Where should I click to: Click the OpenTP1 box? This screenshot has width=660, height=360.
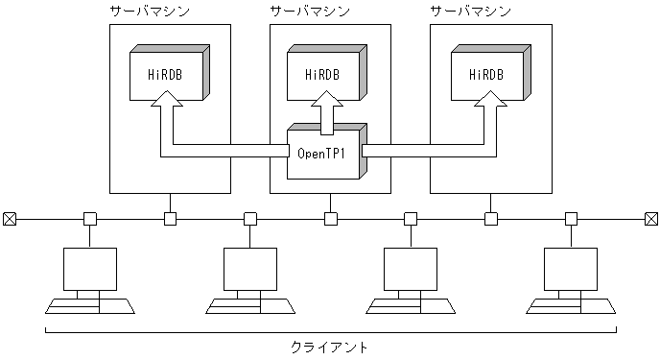tap(323, 152)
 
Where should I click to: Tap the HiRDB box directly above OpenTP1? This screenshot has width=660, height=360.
tap(323, 74)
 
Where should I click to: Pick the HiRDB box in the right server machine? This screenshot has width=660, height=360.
tap(484, 74)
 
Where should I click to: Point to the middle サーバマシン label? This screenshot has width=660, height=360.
tap(310, 12)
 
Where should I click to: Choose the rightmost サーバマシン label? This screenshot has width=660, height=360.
tap(470, 12)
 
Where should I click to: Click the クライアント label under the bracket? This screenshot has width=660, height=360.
tap(329, 346)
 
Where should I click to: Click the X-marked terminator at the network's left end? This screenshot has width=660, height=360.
tap(10, 219)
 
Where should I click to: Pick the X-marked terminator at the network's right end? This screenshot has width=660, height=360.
tap(651, 219)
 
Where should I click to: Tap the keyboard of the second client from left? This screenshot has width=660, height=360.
tap(249, 305)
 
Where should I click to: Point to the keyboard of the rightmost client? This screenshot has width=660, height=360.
tap(571, 305)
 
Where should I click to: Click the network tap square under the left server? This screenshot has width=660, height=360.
tap(170, 219)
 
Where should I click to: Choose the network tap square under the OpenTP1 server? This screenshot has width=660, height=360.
tap(330, 219)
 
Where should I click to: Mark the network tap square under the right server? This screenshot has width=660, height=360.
tap(491, 219)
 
